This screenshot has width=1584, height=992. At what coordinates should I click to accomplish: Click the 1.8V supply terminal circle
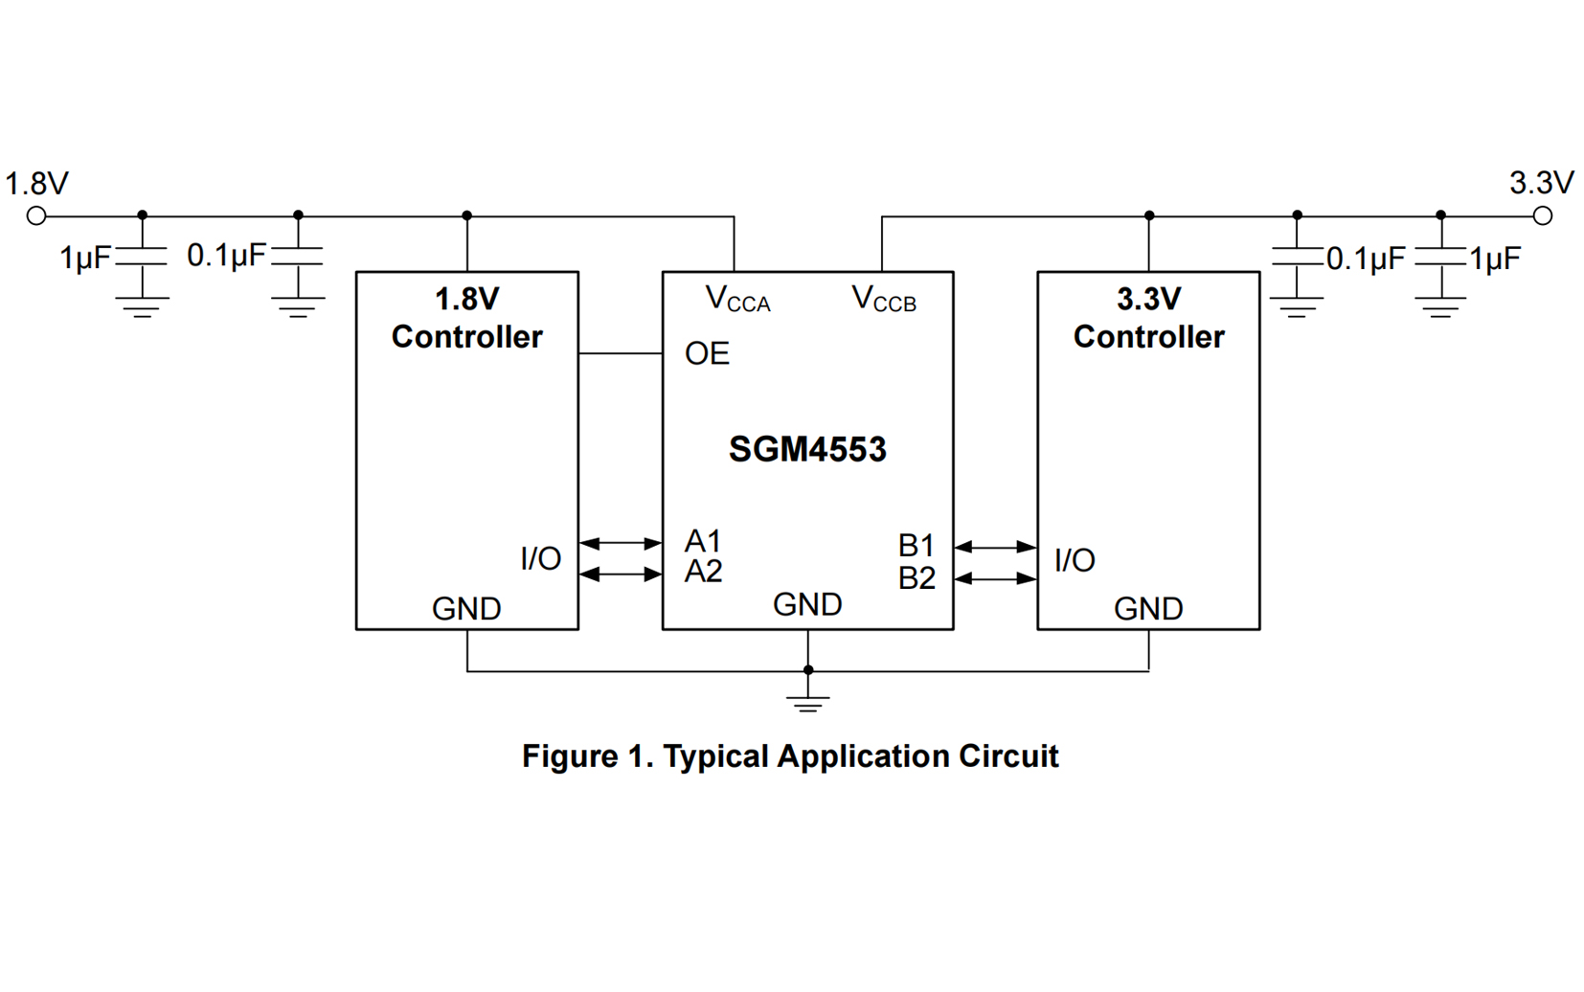36,216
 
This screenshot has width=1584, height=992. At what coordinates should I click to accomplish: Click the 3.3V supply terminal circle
1542,216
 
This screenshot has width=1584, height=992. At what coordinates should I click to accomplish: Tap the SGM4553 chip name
807,449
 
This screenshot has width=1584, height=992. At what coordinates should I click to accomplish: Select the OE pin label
707,353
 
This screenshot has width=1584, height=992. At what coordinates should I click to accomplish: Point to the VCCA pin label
736,299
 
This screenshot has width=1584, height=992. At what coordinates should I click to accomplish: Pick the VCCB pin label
883,299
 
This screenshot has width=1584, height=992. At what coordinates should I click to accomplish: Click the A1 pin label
703,541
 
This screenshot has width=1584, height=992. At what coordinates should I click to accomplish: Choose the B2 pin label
916,578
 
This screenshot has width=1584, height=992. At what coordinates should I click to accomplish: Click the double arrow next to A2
621,575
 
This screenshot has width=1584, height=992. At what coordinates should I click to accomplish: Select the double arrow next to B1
996,547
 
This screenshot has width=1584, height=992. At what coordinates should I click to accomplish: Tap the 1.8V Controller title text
466,318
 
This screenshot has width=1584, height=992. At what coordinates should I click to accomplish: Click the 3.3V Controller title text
1148,318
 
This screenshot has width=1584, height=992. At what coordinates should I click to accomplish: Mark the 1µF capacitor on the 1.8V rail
142,257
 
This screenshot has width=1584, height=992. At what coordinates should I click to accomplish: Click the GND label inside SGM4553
807,604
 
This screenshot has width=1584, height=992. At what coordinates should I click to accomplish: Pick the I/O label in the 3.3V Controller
1075,560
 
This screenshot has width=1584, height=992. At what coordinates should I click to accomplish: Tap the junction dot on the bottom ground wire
808,670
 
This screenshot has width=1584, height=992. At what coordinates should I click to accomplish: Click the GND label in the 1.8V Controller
466,609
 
